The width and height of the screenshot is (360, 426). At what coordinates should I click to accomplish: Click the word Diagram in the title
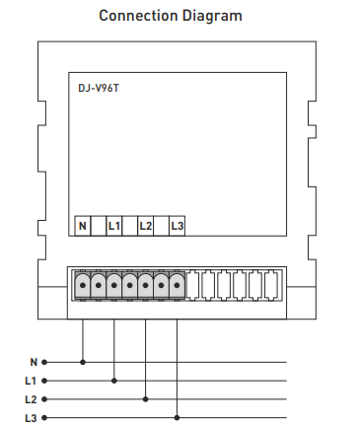(214, 16)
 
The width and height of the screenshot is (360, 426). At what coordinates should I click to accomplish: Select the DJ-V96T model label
(99, 89)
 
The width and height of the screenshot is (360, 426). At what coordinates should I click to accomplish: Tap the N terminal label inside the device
(83, 226)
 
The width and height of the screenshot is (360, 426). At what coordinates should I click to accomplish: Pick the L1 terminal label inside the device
(113, 226)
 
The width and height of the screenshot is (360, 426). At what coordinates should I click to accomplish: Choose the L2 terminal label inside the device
(145, 226)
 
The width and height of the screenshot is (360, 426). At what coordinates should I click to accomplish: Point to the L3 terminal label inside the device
(177, 226)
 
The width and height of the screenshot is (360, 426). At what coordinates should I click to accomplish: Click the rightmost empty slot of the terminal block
(271, 285)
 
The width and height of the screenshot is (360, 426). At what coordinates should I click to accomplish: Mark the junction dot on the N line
(83, 362)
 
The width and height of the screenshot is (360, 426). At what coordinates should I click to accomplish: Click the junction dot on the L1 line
(114, 380)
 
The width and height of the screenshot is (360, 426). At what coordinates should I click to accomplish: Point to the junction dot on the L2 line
(146, 398)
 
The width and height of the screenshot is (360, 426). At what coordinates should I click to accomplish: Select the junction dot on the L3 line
(178, 417)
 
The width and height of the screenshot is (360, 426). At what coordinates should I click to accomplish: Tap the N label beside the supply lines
(33, 362)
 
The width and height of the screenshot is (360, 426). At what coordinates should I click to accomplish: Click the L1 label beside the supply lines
(31, 380)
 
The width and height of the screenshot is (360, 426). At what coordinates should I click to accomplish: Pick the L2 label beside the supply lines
(31, 398)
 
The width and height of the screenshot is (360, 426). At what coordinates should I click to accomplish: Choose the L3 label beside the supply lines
(31, 417)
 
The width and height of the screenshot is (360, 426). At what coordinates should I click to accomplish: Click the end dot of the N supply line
(44, 362)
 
